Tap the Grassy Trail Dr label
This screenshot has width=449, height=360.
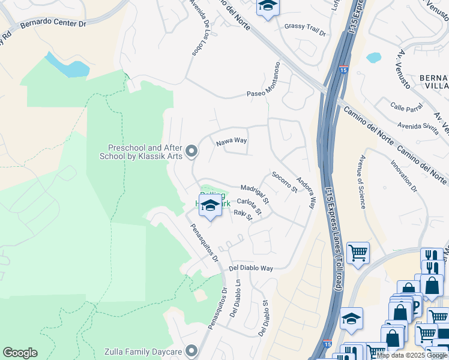(x=305, y=26)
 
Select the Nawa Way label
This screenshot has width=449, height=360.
(x=232, y=141)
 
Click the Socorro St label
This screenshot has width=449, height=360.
(x=285, y=182)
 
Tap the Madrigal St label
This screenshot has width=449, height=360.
(x=255, y=193)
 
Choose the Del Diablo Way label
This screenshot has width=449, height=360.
(x=251, y=268)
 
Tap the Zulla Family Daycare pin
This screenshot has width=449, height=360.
(x=191, y=350)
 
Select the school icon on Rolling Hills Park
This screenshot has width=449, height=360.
(x=210, y=205)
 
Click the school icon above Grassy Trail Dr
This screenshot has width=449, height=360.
(x=268, y=7)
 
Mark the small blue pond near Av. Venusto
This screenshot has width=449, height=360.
(x=373, y=58)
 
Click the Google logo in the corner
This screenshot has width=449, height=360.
(x=20, y=353)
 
